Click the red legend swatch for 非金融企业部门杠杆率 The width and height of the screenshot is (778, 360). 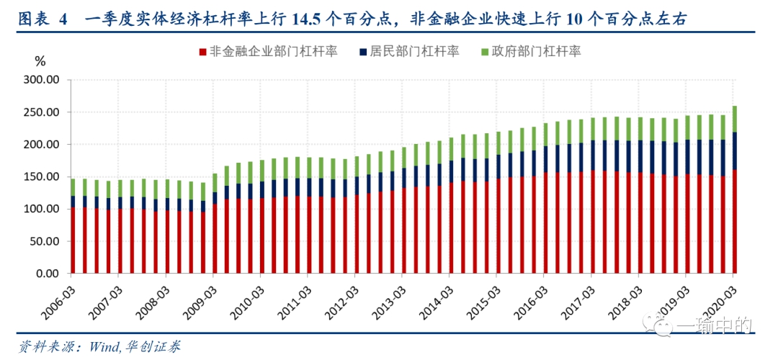point(202,52)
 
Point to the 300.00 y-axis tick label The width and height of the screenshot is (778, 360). point(41,80)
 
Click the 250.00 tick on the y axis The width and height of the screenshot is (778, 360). point(41,112)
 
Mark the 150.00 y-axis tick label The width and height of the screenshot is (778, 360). point(41,177)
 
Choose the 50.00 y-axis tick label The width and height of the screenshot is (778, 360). point(44,242)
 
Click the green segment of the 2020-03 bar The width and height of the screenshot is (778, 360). point(735,119)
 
